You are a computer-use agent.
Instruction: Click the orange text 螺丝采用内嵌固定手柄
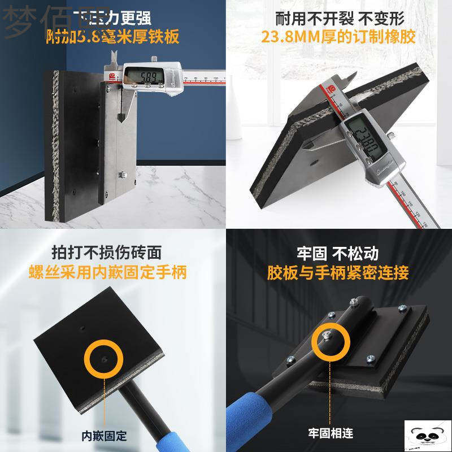coord(107,272)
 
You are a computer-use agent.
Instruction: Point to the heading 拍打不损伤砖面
coord(107,252)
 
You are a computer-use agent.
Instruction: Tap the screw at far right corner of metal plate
coord(402,308)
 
